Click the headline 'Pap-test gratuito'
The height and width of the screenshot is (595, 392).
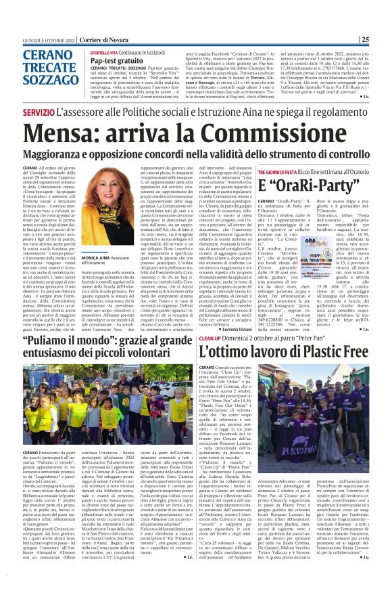(116, 60)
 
